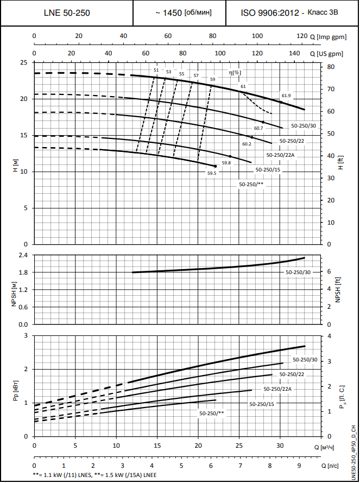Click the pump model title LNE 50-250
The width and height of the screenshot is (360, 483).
pos(67,12)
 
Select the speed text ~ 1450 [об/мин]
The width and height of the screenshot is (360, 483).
pos(180,12)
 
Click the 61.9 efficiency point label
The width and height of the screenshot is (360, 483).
pos(286,96)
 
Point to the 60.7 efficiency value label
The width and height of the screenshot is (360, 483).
pos(258,128)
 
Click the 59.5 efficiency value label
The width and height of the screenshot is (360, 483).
pos(212,173)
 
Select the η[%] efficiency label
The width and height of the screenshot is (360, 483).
pos(235,73)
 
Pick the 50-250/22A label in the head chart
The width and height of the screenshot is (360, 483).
pos(280,155)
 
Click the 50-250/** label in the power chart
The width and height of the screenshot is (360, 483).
pos(212,413)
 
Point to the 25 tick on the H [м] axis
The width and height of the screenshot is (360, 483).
pos(23,62)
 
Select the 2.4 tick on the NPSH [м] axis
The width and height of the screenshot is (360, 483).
pos(22,255)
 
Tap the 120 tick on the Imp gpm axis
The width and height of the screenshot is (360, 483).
pos(301,36)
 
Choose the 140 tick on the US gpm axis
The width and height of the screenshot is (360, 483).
pos(294,54)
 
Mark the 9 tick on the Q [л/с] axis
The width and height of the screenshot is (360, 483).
pos(299,466)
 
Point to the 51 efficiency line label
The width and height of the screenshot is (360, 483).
pos(156,71)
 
